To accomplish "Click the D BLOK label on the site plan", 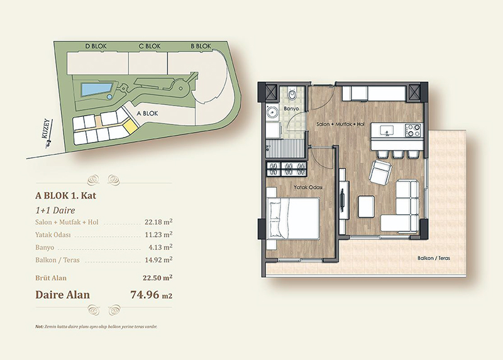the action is (x=96, y=46).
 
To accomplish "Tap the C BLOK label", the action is (x=150, y=46).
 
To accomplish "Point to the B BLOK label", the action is (x=201, y=46).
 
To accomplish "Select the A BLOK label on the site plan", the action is (x=147, y=114).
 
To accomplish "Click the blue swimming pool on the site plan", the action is (x=96, y=89).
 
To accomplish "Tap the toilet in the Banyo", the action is (x=292, y=94).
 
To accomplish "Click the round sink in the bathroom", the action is (x=273, y=113).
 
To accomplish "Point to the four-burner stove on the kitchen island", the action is (x=412, y=130).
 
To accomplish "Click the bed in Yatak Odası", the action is (x=293, y=218).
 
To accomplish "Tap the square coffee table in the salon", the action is (x=367, y=207).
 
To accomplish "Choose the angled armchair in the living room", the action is (x=380, y=173).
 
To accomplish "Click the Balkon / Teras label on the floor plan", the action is (x=434, y=258).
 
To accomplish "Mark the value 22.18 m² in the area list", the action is (x=158, y=222).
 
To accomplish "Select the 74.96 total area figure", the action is (x=145, y=294).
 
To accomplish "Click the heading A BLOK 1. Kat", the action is (x=66, y=195).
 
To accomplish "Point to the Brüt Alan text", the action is (x=51, y=278).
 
